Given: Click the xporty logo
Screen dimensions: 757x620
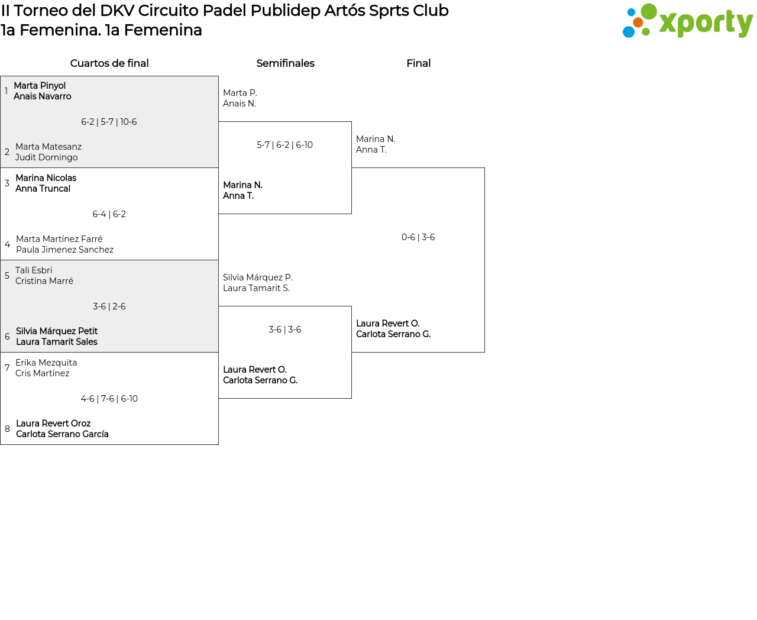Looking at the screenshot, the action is tap(687, 21).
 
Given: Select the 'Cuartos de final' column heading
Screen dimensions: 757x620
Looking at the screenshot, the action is tap(109, 63).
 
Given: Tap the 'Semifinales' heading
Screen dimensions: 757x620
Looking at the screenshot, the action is tap(285, 63).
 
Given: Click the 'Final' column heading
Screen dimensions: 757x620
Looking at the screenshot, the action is tap(418, 63).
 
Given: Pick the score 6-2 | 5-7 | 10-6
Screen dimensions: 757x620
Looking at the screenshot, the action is tap(109, 122).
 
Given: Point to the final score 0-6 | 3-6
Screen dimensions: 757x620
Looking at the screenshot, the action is tap(418, 237).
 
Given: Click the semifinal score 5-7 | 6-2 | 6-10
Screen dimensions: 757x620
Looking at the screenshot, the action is tap(284, 145).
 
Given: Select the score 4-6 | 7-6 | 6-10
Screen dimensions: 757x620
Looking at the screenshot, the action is tap(109, 399).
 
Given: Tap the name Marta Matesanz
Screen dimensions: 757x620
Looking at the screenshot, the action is tap(48, 147).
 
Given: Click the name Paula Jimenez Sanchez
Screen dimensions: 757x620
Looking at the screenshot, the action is tap(64, 250).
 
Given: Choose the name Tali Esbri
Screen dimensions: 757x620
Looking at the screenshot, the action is tap(33, 270).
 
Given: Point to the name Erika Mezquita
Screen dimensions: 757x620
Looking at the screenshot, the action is tap(46, 363).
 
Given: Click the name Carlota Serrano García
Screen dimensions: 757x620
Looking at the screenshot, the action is tap(62, 434).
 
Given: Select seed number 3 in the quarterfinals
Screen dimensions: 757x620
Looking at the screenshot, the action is tap(7, 183).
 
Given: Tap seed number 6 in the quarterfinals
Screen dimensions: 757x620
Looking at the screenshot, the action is tap(7, 337).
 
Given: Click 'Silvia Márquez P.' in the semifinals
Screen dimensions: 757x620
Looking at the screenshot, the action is tap(258, 277).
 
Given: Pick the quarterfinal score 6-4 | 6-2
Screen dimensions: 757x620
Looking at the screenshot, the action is tap(109, 214).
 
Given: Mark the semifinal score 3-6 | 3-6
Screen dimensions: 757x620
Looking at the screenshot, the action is tap(284, 329).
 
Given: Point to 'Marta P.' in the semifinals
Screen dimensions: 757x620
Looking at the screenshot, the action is tap(240, 93).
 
